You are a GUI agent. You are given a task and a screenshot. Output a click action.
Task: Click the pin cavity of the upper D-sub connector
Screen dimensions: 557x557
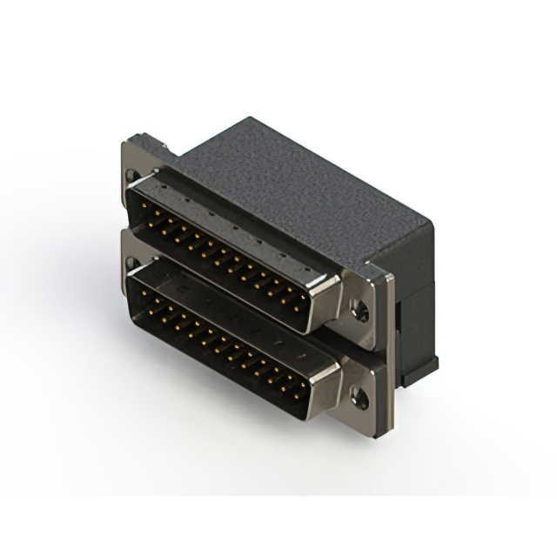point(218,252)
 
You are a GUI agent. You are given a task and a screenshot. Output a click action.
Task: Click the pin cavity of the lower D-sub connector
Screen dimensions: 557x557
point(218,344)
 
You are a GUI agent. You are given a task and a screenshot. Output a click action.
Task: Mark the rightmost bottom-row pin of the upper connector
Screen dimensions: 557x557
point(300,307)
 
